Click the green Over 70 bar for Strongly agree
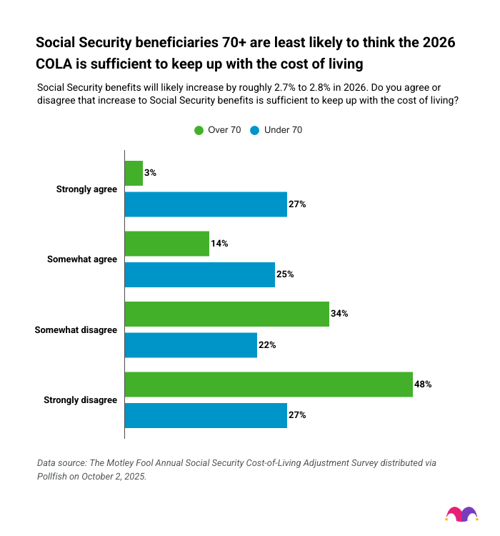pos(134,173)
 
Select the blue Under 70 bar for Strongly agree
pos(206,204)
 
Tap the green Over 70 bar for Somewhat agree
pos(167,244)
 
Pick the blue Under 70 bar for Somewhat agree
pos(200,274)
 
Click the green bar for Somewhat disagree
pos(227,314)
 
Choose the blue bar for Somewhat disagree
pos(191,344)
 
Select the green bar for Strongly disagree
pos(269,384)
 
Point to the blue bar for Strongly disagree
pos(206,415)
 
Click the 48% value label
pos(423,384)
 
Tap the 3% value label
pos(150,173)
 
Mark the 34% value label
pos(339,314)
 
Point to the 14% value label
pos(219,244)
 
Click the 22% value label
pos(267,344)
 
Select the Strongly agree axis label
pos(86,189)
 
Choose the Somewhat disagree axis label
pos(76,329)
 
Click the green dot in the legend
pos(199,130)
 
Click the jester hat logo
pos(461,513)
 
